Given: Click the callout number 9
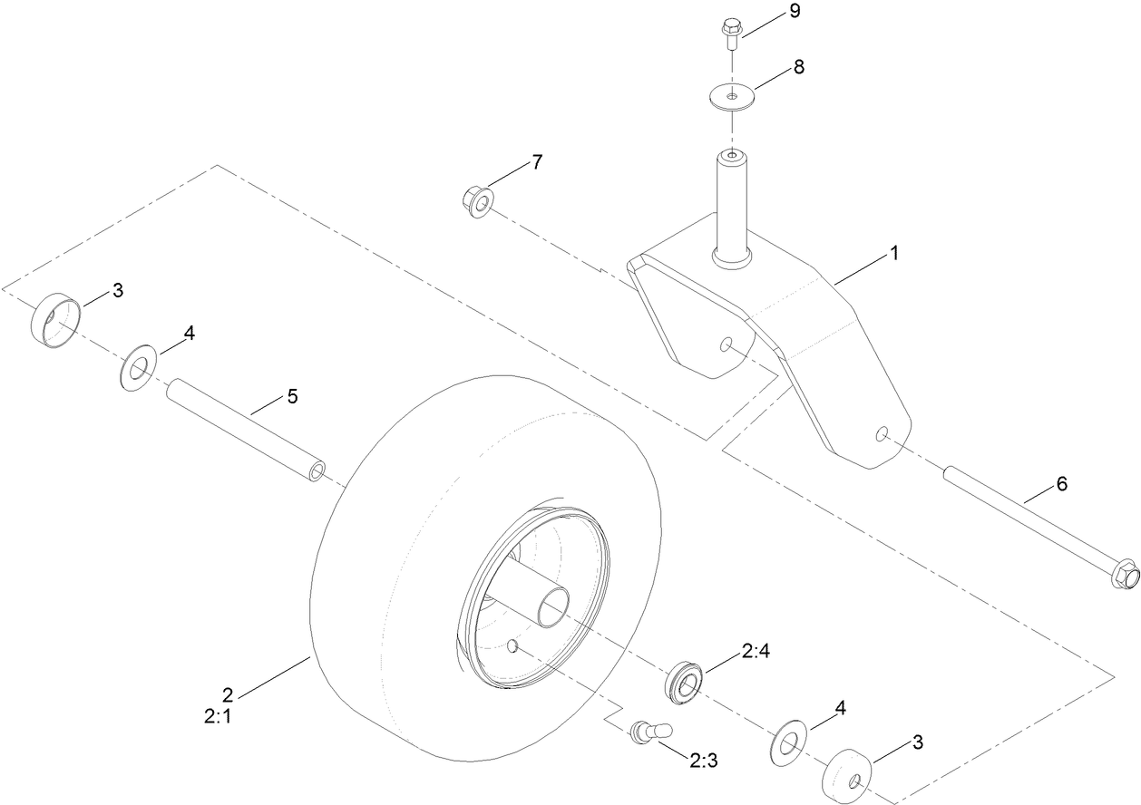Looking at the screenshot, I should tap(795, 13).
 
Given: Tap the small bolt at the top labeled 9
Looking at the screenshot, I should tap(731, 32).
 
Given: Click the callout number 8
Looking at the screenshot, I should tap(799, 67).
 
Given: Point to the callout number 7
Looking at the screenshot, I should tap(537, 163).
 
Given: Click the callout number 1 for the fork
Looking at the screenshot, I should tap(893, 255).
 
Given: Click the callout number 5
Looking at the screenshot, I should tap(291, 396).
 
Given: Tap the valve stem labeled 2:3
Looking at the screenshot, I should tap(647, 730).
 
